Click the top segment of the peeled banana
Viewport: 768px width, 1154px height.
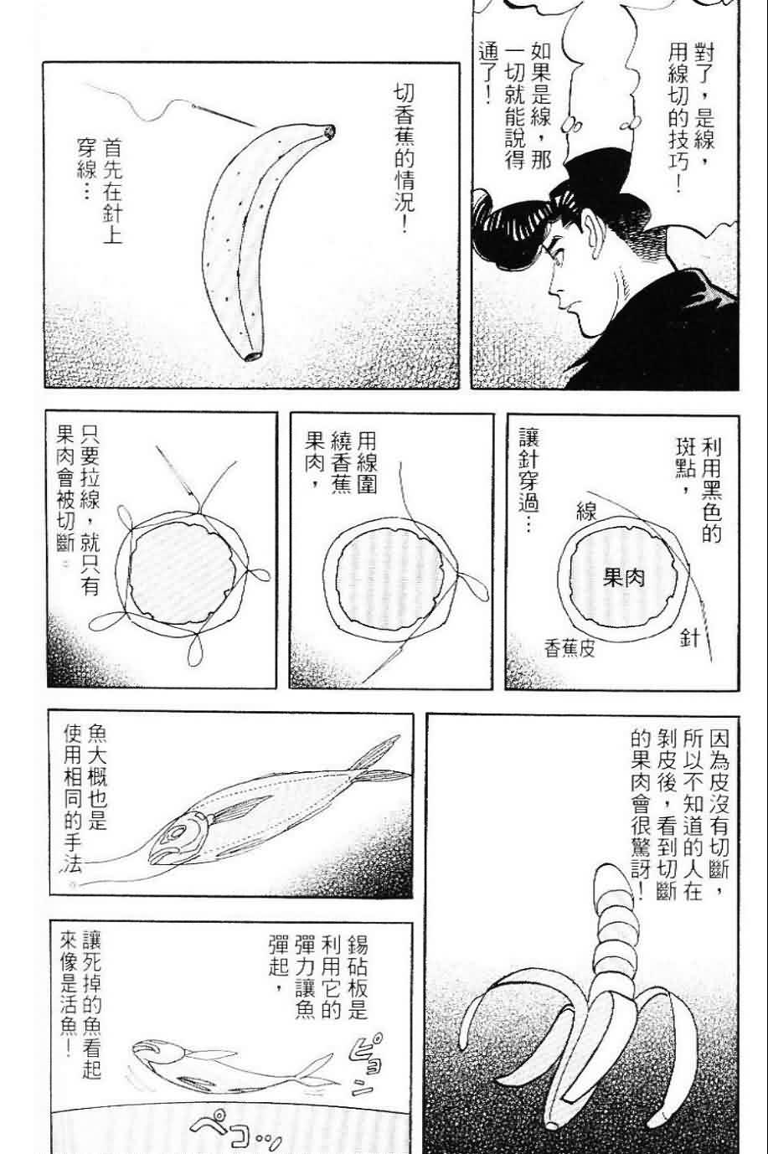coord(605,880)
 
